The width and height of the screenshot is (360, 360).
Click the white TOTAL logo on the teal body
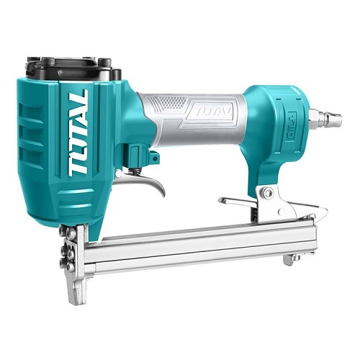pyautogui.click(x=78, y=133)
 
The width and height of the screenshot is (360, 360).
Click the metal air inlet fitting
pyautogui.click(x=325, y=118)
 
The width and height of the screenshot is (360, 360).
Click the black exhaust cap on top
pyautogui.click(x=72, y=68)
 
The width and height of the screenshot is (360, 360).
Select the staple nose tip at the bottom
pyautogui.click(x=77, y=294)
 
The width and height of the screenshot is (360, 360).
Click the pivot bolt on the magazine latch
pyautogui.click(x=267, y=192)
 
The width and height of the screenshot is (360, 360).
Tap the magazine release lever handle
pyautogui.click(x=238, y=202)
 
